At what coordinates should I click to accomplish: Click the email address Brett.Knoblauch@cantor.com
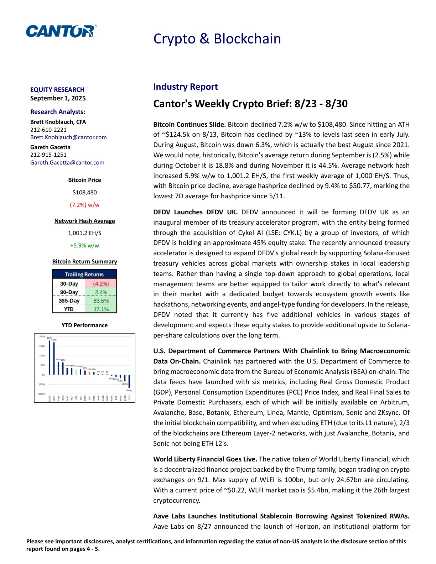(x=68, y=137)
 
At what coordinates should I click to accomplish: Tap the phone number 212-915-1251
(x=48, y=155)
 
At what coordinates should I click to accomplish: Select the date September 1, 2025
(x=58, y=98)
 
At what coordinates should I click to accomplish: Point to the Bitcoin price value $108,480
(x=84, y=192)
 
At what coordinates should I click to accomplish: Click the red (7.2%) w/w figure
(x=84, y=205)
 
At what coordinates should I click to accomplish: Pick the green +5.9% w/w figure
(x=84, y=245)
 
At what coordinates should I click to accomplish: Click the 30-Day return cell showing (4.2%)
(x=101, y=284)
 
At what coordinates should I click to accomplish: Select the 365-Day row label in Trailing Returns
(x=69, y=301)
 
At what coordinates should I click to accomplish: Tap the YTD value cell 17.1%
(x=101, y=309)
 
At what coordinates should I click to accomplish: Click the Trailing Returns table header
(x=84, y=275)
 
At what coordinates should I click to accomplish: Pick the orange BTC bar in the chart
(x=89, y=373)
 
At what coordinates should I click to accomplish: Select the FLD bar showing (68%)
(x=129, y=381)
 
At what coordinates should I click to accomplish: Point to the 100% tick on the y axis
(x=42, y=356)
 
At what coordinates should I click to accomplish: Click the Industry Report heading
(x=185, y=87)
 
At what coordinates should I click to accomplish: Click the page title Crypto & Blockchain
(x=217, y=39)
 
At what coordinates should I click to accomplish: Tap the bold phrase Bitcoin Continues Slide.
(x=190, y=124)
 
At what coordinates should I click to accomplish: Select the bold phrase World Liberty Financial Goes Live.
(x=205, y=459)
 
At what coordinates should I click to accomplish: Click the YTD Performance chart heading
(x=84, y=325)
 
